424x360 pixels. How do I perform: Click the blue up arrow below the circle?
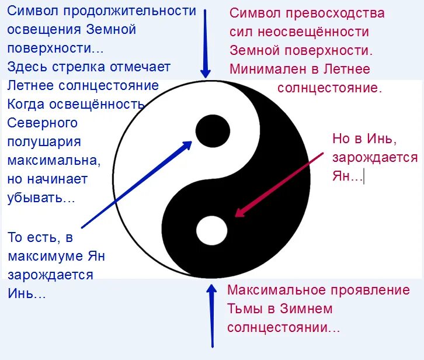211,316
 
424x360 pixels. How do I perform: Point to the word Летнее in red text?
348,69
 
